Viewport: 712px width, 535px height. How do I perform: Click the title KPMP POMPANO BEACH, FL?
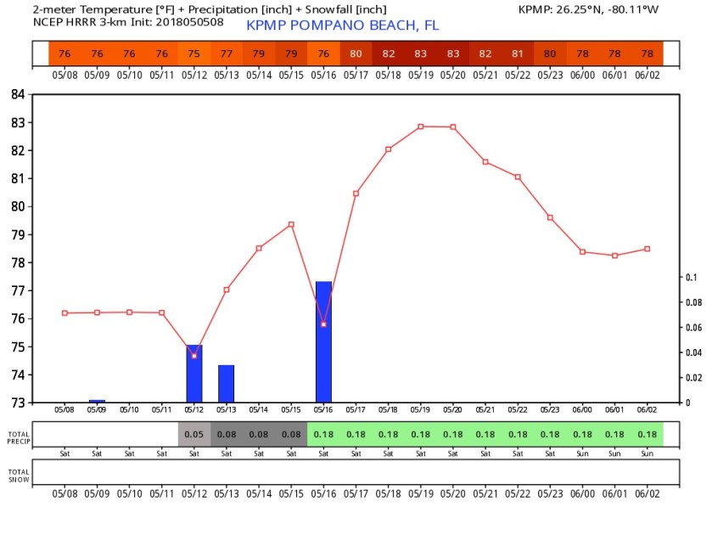(342, 25)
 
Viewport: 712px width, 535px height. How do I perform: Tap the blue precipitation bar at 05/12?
(194, 374)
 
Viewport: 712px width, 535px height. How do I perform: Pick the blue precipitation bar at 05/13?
(226, 384)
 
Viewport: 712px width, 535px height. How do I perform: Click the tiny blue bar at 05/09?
(97, 401)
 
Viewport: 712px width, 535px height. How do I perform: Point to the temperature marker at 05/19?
(420, 127)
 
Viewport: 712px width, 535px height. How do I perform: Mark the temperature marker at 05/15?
(291, 224)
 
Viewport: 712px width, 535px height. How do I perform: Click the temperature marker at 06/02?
(647, 249)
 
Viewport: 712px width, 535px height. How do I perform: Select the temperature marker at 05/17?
(356, 194)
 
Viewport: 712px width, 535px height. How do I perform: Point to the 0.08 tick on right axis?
(692, 302)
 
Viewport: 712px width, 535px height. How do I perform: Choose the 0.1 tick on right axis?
(691, 277)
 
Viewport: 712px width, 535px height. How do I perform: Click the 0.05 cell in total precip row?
(194, 435)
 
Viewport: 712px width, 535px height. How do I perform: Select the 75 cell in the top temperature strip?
(194, 53)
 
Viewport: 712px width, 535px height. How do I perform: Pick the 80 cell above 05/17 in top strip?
(356, 53)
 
